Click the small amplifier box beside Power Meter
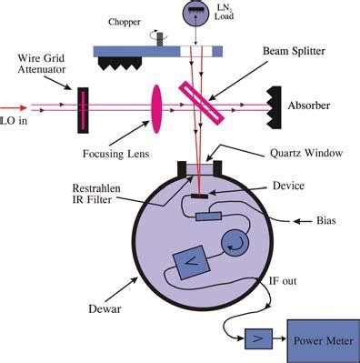click(x=255, y=340)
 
